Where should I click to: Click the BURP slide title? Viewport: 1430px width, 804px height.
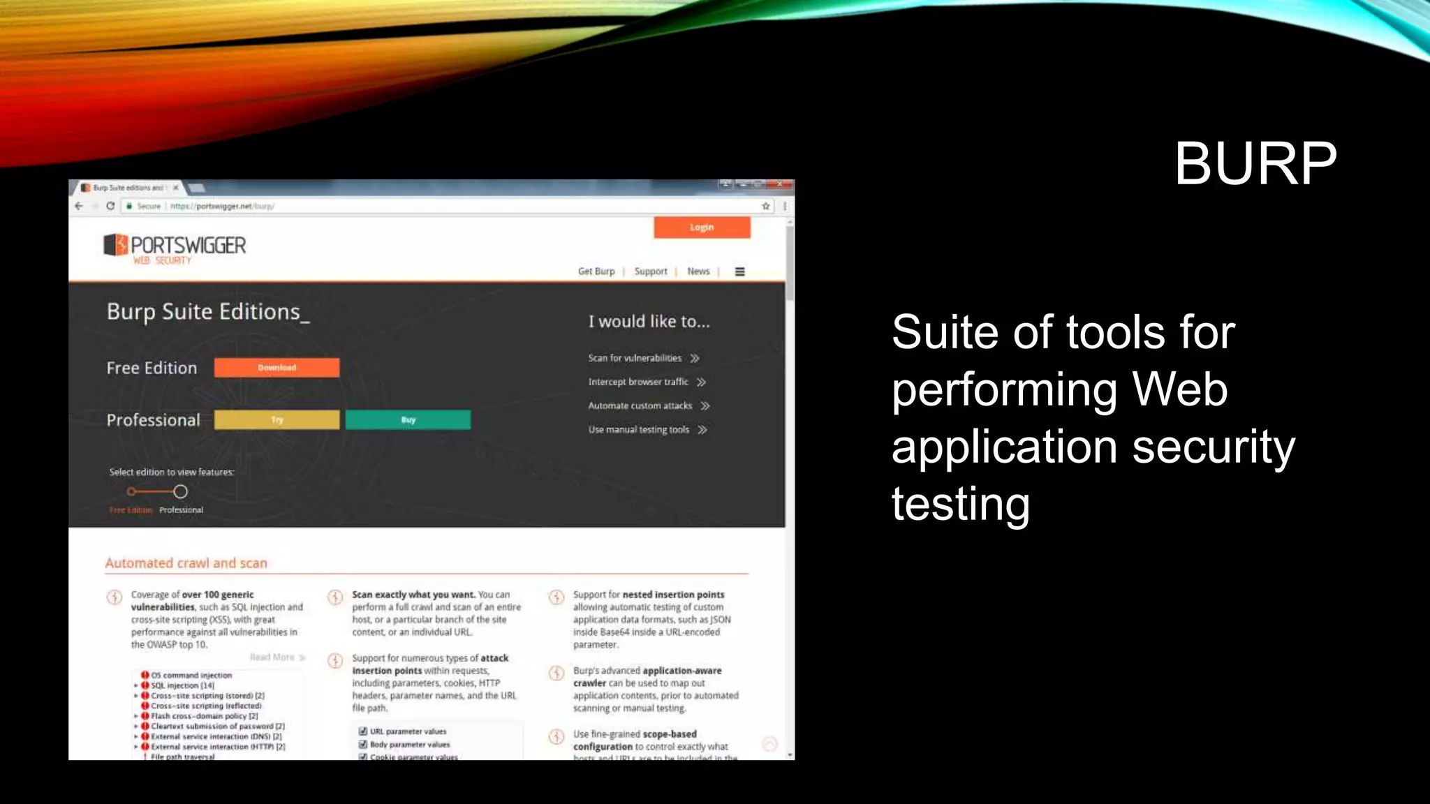1255,163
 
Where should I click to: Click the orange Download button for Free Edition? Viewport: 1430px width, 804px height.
277,368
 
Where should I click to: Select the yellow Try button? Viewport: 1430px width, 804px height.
277,419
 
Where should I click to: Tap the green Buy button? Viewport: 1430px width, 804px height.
408,419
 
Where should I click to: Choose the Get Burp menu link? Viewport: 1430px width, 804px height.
596,271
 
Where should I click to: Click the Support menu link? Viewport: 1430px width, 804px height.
650,271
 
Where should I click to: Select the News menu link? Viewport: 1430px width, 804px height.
698,271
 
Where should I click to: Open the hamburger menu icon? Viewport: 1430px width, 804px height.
740,271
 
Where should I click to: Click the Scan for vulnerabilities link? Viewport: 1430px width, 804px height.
635,358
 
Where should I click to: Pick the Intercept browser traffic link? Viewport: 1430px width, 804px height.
638,382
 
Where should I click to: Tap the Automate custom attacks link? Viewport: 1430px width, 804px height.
640,405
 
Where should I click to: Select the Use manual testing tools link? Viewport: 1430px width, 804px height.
639,430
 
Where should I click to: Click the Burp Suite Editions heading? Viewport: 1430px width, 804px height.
207,311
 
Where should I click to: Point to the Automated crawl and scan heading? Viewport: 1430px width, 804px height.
186,563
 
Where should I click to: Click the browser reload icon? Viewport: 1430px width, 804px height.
110,206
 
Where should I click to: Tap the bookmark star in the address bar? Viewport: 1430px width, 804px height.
766,206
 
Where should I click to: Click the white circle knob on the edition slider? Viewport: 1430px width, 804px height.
180,491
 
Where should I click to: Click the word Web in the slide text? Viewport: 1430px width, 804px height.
1179,389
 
